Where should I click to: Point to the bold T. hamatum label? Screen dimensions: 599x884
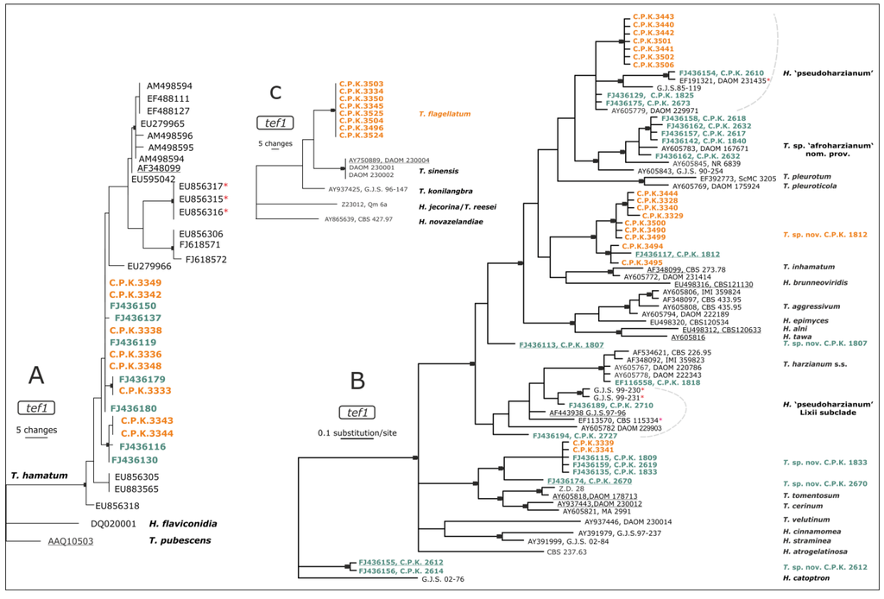coord(40,475)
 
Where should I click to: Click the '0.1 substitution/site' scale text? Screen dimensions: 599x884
coord(360,432)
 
